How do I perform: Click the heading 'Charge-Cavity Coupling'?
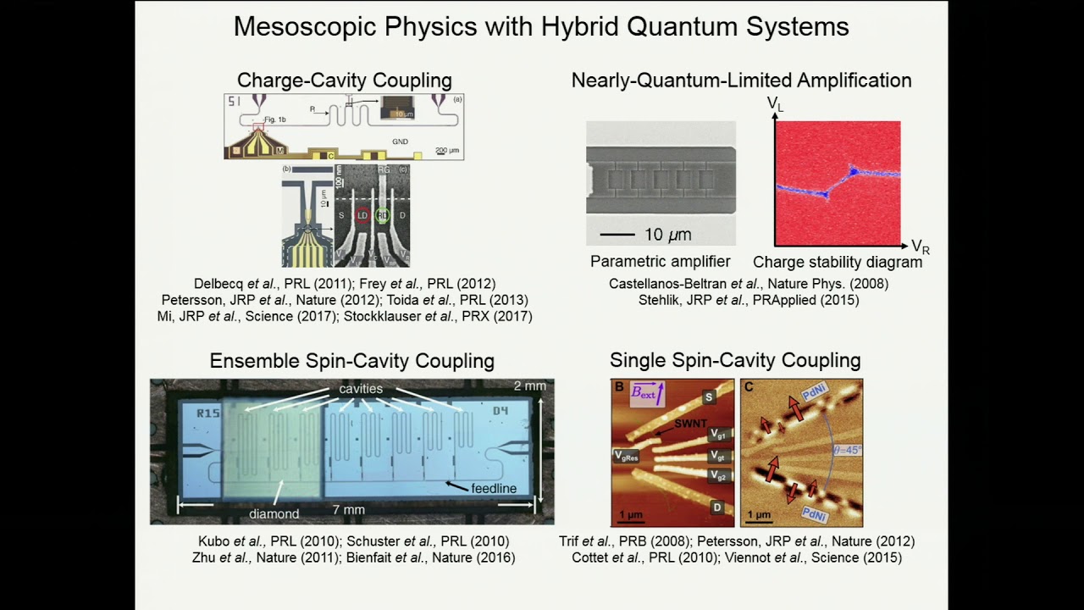(x=344, y=80)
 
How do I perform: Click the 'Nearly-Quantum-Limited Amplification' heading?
(x=741, y=80)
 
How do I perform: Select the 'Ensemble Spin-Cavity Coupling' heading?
(x=351, y=361)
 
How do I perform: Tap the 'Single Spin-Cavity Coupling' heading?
(x=735, y=360)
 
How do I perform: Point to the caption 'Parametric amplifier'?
(x=661, y=262)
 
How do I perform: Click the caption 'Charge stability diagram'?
(x=838, y=262)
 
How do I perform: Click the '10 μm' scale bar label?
(x=668, y=234)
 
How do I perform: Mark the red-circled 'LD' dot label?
(x=362, y=215)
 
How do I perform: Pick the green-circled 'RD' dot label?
(x=383, y=215)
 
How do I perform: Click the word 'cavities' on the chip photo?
(x=362, y=389)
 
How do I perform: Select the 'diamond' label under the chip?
(x=274, y=513)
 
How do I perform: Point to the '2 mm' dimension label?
(x=530, y=386)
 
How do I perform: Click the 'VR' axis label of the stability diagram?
(x=920, y=247)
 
